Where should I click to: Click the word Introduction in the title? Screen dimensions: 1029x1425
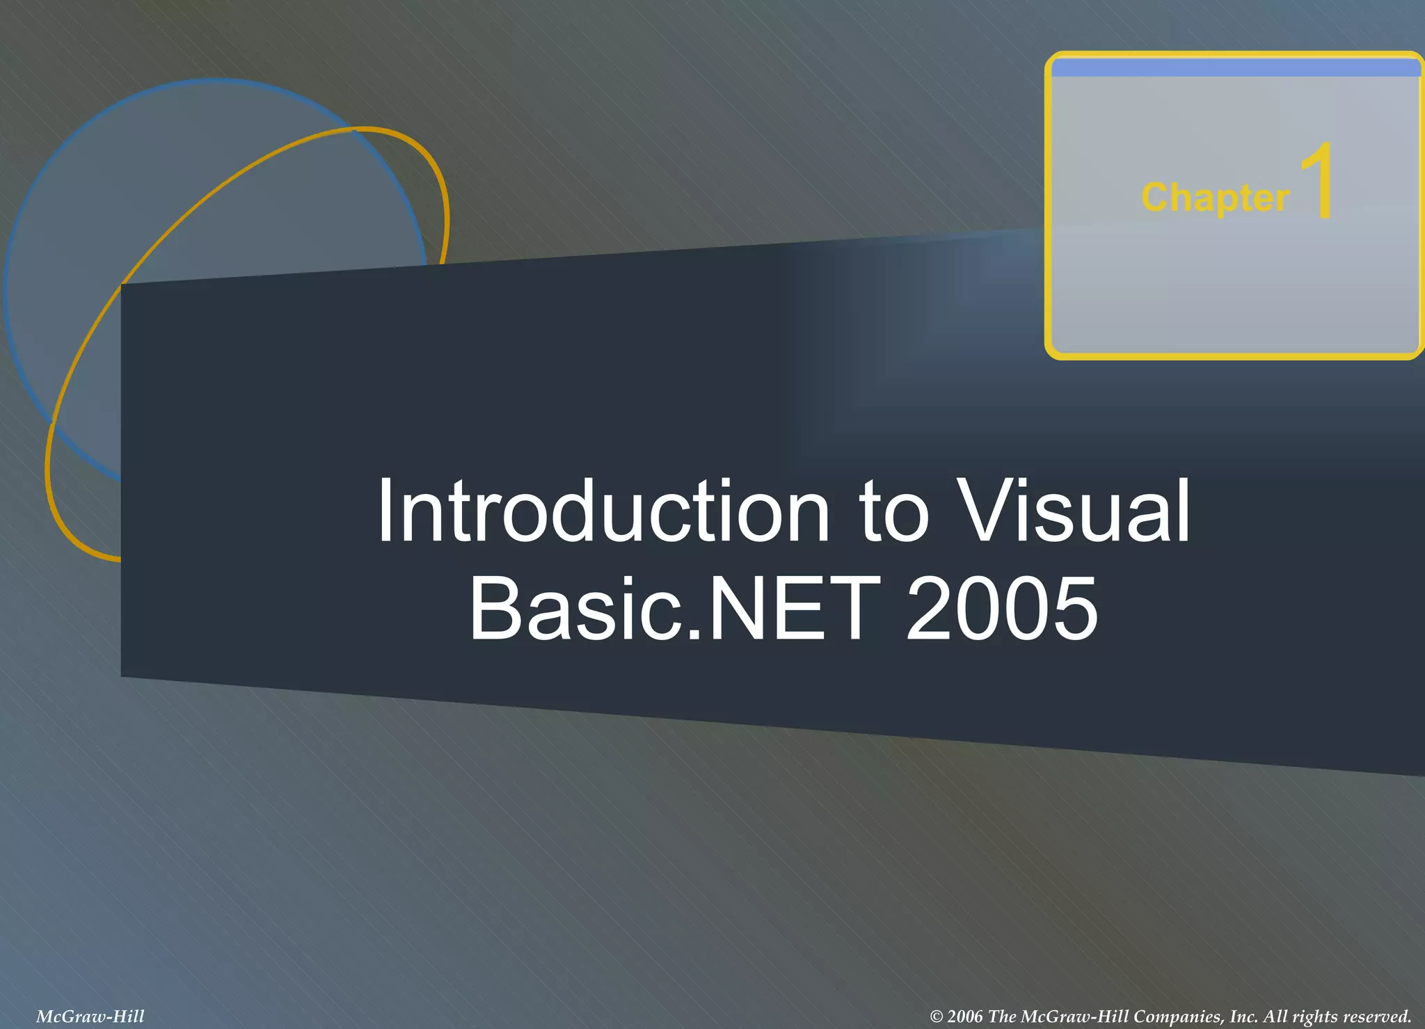pyautogui.click(x=603, y=511)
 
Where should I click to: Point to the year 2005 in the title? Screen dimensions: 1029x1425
pyautogui.click(x=1002, y=609)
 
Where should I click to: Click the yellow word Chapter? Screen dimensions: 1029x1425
pyautogui.click(x=1215, y=198)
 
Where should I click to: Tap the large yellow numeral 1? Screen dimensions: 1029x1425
pyautogui.click(x=1317, y=182)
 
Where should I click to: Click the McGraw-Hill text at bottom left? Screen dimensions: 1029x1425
pyautogui.click(x=90, y=1016)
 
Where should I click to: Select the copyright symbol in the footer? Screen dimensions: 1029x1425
pyautogui.click(x=937, y=1016)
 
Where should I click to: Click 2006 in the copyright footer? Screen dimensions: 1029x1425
pyautogui.click(x=966, y=1016)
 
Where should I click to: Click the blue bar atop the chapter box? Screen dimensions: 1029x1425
pyautogui.click(x=1234, y=68)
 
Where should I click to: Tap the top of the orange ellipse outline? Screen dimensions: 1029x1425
pyautogui.click(x=362, y=129)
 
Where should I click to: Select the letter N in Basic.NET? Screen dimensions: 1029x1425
pyautogui.click(x=733, y=609)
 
